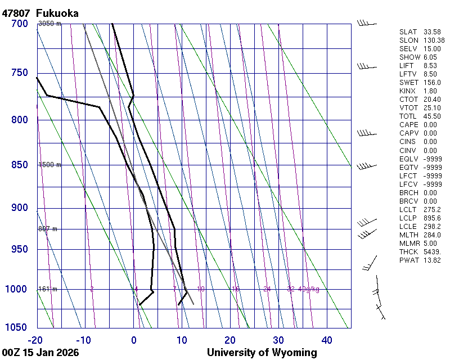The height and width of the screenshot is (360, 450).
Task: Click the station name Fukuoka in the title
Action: (57, 13)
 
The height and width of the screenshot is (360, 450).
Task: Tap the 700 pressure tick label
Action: (19, 24)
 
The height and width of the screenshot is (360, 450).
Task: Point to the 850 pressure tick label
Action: (19, 165)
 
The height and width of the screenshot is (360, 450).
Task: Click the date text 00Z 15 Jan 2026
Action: (40, 353)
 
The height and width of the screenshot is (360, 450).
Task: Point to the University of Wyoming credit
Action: (262, 353)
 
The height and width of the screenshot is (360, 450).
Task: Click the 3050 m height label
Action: (49, 24)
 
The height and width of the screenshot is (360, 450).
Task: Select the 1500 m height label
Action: (49, 165)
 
